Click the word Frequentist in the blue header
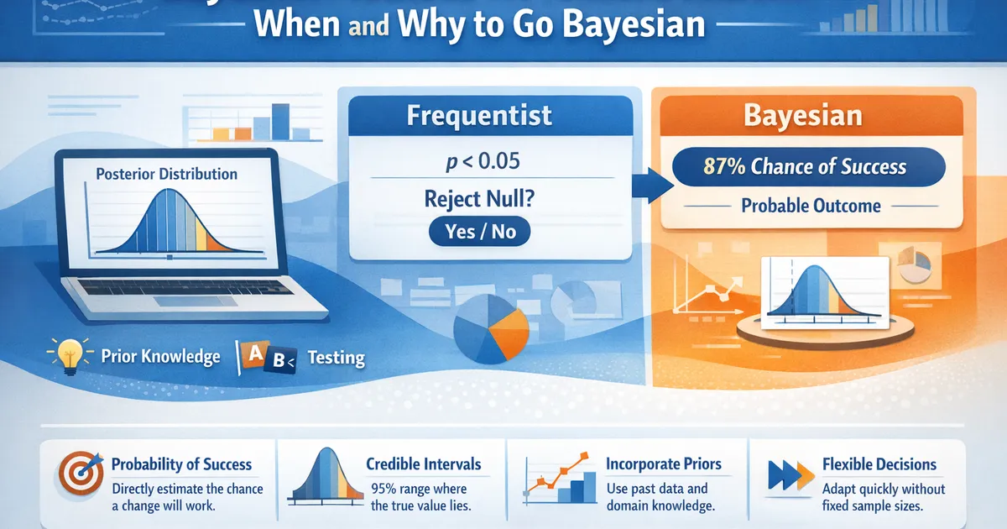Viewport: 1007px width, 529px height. tap(479, 115)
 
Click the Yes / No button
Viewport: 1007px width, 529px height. tap(480, 231)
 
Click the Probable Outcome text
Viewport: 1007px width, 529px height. tap(811, 206)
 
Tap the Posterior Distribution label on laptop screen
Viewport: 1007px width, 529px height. tap(166, 174)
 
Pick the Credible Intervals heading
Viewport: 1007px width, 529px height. tap(423, 464)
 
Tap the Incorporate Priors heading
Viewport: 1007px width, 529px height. tap(663, 464)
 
